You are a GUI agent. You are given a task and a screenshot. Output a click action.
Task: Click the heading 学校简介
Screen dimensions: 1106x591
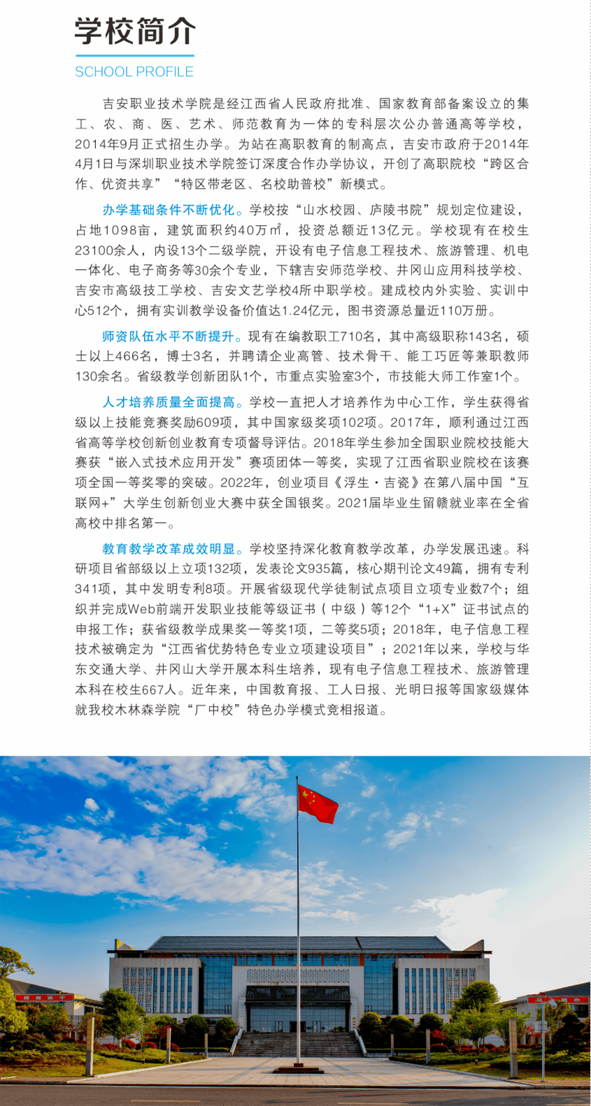[135, 31]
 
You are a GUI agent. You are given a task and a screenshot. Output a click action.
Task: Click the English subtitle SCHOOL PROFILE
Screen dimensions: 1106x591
[134, 72]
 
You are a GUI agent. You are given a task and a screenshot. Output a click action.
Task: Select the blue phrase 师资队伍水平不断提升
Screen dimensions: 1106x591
[168, 336]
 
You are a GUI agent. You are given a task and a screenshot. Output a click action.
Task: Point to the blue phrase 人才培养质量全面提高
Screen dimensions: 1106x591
[169, 402]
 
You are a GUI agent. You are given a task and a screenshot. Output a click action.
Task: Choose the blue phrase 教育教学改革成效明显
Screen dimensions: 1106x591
[169, 549]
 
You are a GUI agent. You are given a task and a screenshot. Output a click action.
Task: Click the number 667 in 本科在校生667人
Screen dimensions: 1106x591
[155, 689]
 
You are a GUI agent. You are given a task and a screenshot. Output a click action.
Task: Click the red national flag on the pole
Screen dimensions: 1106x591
[316, 803]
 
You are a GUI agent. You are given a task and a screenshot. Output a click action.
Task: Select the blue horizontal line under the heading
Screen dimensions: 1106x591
[134, 55]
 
